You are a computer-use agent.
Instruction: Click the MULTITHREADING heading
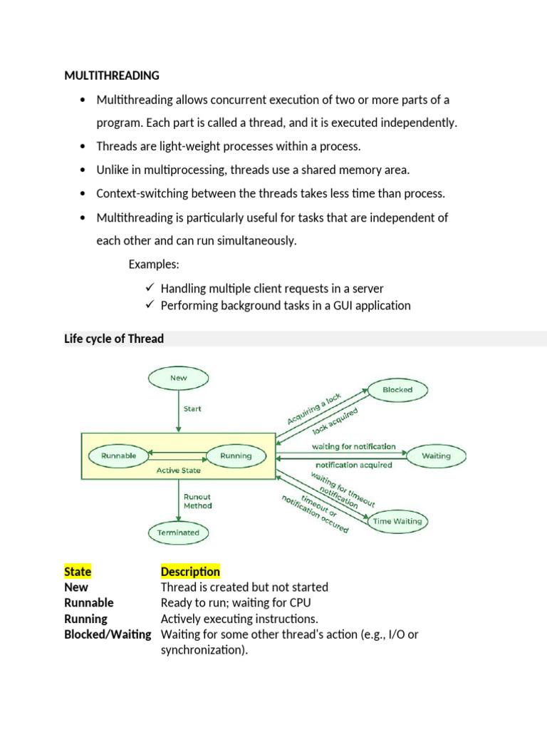tap(112, 76)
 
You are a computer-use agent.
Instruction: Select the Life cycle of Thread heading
tap(114, 339)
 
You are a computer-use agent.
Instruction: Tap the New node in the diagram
tap(179, 379)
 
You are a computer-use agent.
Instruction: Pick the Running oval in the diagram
tap(236, 456)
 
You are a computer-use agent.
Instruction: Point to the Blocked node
tap(397, 390)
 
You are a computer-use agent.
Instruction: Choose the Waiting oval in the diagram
tap(436, 456)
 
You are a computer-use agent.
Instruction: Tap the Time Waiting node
tap(397, 521)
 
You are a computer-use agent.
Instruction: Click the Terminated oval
tap(179, 532)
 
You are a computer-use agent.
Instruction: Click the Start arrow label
tap(192, 409)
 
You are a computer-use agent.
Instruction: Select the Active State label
tap(179, 471)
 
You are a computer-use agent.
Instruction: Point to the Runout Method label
tap(197, 500)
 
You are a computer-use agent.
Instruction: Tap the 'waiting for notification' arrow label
tap(354, 446)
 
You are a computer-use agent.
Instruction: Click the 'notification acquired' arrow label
tap(354, 465)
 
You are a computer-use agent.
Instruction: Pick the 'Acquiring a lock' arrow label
tap(315, 408)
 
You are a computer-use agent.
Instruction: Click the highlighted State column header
tap(78, 572)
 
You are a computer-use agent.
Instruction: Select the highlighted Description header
tap(190, 572)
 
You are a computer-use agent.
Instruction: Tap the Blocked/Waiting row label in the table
tap(108, 634)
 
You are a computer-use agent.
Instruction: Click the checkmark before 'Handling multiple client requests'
tap(150, 288)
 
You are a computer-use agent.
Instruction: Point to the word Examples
tap(154, 265)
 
